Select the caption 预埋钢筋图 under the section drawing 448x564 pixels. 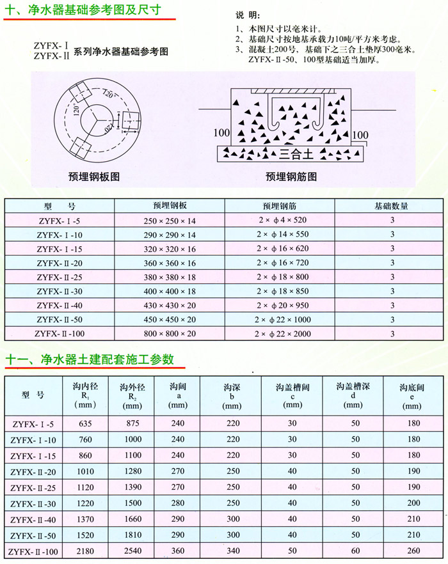coord(291,177)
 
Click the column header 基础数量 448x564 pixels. coord(391,207)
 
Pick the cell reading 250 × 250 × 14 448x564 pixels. coord(170,221)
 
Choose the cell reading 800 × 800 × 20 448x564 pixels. coord(170,333)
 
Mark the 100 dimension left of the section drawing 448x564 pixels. coord(222,133)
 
